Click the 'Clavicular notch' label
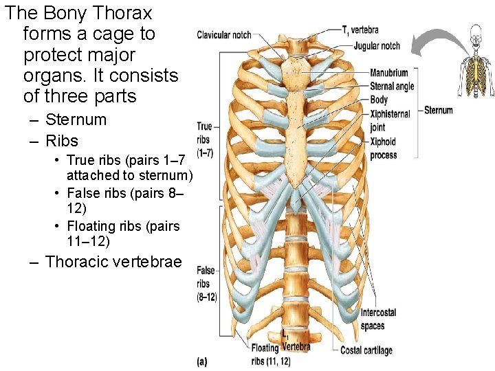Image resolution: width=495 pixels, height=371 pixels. point(223,35)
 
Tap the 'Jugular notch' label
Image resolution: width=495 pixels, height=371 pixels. point(377,46)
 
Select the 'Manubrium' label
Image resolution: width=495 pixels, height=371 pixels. point(388,73)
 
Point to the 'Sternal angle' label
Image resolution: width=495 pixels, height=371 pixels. point(392,86)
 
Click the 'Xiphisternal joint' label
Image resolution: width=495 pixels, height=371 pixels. point(389,120)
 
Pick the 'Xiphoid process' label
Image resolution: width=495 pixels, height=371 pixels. point(384,148)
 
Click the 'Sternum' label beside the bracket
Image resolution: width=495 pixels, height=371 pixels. point(439,110)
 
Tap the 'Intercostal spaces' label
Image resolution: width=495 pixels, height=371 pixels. point(378,319)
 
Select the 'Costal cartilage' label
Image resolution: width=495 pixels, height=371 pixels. point(366,350)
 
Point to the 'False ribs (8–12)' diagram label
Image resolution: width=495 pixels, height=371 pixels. point(206,284)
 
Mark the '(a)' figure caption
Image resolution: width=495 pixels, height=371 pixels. point(202,360)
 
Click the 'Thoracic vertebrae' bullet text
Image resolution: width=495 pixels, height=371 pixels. point(113,262)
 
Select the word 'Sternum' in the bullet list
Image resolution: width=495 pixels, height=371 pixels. point(76,120)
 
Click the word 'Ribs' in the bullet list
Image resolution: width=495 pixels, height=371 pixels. point(62,141)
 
